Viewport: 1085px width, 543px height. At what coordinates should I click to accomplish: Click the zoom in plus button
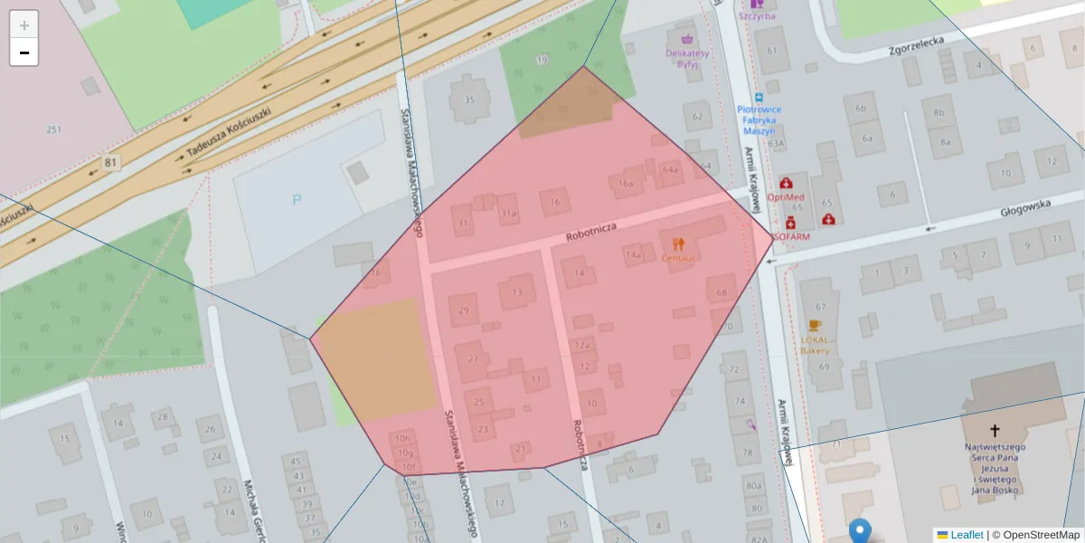(x=24, y=25)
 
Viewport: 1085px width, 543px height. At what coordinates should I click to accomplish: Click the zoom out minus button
(x=24, y=52)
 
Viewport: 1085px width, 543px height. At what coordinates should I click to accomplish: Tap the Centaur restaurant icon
(x=678, y=243)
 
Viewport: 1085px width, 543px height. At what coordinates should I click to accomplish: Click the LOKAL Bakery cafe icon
(x=815, y=326)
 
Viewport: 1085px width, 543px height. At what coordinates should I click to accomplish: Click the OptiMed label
(x=785, y=196)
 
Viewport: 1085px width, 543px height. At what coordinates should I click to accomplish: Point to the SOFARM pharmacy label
(x=790, y=235)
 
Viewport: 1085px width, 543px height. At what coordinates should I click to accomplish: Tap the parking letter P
(x=297, y=200)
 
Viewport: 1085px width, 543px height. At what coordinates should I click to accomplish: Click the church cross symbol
(x=995, y=431)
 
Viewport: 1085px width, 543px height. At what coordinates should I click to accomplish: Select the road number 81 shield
(x=111, y=162)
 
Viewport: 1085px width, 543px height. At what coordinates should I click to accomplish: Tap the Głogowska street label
(x=1025, y=209)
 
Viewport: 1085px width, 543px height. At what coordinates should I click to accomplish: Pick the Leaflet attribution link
(x=966, y=535)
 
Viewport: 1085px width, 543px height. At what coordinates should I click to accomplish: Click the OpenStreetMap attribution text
(x=1041, y=535)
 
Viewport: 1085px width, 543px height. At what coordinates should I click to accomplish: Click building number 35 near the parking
(x=468, y=100)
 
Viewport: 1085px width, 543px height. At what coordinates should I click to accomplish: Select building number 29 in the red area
(x=464, y=310)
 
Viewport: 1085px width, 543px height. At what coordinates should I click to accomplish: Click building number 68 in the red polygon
(x=721, y=292)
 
